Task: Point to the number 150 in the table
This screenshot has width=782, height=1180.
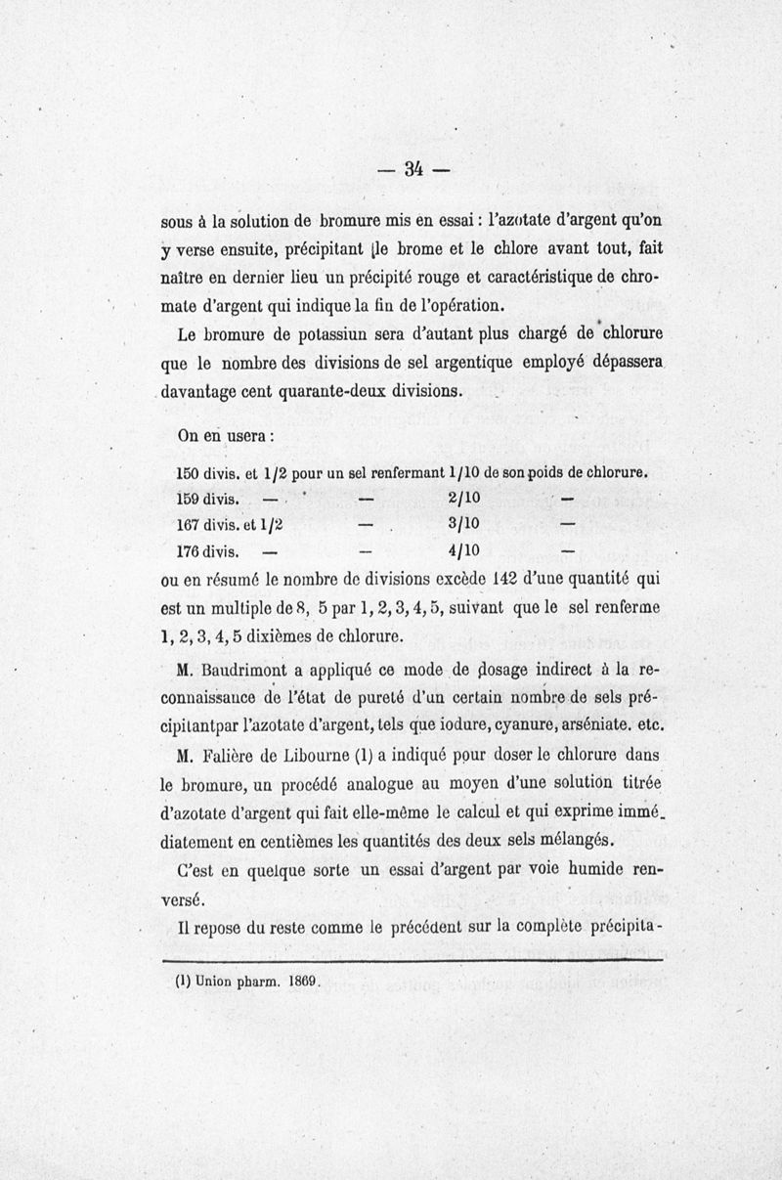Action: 187,472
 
